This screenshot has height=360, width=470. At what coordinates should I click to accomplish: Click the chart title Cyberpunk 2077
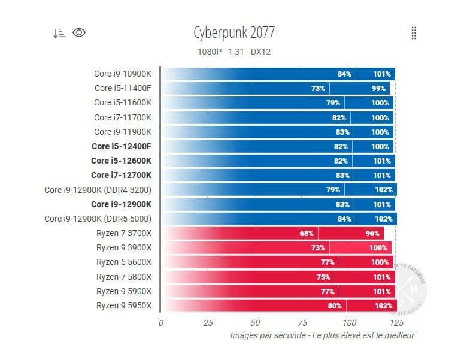[x=234, y=32]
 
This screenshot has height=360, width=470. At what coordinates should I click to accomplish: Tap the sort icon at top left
[x=59, y=33]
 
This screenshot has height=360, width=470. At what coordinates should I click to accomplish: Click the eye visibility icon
[x=79, y=32]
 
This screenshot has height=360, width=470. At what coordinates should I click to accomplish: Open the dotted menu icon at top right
[x=414, y=33]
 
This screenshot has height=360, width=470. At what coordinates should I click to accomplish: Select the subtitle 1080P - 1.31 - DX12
[x=234, y=52]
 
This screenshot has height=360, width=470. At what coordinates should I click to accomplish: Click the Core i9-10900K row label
[x=123, y=74]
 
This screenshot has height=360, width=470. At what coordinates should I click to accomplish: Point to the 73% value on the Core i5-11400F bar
[x=318, y=89]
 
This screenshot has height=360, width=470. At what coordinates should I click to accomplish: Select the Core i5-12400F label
[x=122, y=146]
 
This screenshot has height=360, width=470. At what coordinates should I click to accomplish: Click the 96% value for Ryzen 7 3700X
[x=372, y=234]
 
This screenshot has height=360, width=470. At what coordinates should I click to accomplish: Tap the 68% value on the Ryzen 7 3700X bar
[x=307, y=234]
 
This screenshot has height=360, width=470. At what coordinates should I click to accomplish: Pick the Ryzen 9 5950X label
[x=124, y=305]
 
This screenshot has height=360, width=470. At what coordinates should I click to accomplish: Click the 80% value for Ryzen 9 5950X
[x=334, y=305]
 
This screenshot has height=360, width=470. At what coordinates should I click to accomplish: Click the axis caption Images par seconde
[x=322, y=336]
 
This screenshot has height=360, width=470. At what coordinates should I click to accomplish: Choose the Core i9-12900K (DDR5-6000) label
[x=98, y=219]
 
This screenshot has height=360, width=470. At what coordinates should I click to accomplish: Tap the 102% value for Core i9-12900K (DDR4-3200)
[x=384, y=190]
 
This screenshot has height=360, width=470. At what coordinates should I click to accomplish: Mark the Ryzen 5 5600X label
[x=124, y=262]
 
